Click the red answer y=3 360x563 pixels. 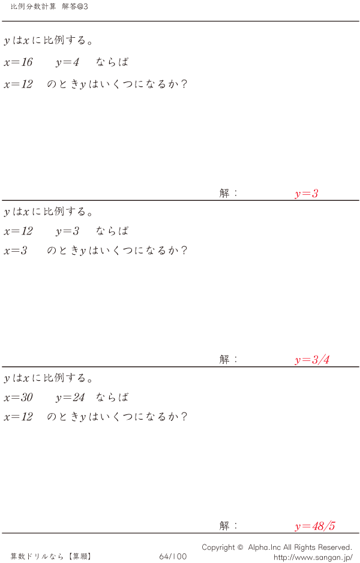pyautogui.click(x=306, y=194)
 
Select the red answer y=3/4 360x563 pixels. pyautogui.click(x=312, y=360)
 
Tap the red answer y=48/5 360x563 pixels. pyautogui.click(x=315, y=526)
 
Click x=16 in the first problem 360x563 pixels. pyautogui.click(x=18, y=62)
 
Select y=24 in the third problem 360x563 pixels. pyautogui.click(x=70, y=398)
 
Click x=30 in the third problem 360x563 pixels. pyautogui.click(x=18, y=398)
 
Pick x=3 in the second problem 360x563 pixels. pyautogui.click(x=16, y=251)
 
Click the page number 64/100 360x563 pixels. pyautogui.click(x=173, y=556)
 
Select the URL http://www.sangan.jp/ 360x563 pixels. pyautogui.click(x=313, y=557)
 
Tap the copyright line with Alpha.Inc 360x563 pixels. pyautogui.click(x=277, y=547)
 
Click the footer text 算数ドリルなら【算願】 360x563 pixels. pyautogui.click(x=51, y=556)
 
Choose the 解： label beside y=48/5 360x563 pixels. pyautogui.click(x=229, y=526)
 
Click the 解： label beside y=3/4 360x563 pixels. pyautogui.click(x=229, y=360)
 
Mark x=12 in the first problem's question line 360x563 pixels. pyautogui.click(x=18, y=84)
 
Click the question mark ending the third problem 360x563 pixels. pyautogui.click(x=184, y=417)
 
